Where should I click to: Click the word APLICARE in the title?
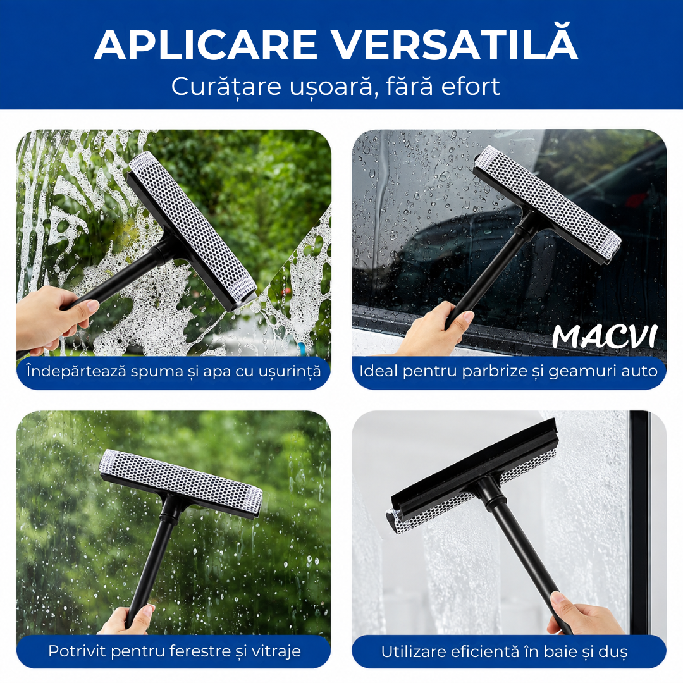[205, 45]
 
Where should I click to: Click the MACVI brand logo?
[604, 336]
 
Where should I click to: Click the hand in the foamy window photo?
[52, 318]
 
